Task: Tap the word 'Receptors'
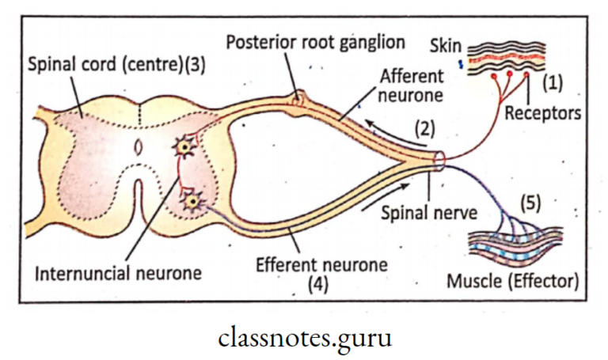point(544,113)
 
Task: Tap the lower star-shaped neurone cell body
point(190,203)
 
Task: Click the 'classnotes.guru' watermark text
point(304,337)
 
